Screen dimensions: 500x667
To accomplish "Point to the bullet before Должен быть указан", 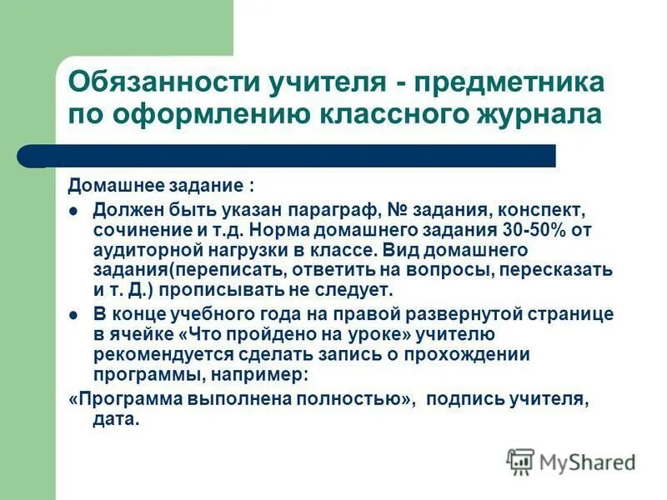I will tap(73, 210).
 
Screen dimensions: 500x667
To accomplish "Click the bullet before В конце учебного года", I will tap(73, 315).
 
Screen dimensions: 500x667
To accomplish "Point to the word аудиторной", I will tap(139, 249).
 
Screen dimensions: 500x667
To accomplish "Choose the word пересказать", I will tap(566, 269).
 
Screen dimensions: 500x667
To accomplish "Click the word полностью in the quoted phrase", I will tap(349, 399).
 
